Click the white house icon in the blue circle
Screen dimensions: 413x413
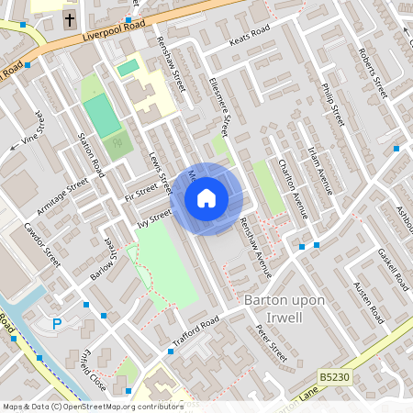click(x=206, y=197)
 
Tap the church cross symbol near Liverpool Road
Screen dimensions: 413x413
click(x=70, y=18)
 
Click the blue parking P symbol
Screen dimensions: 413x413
click(x=57, y=323)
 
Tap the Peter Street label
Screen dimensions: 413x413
click(x=272, y=343)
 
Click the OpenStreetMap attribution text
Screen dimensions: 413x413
click(x=93, y=406)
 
